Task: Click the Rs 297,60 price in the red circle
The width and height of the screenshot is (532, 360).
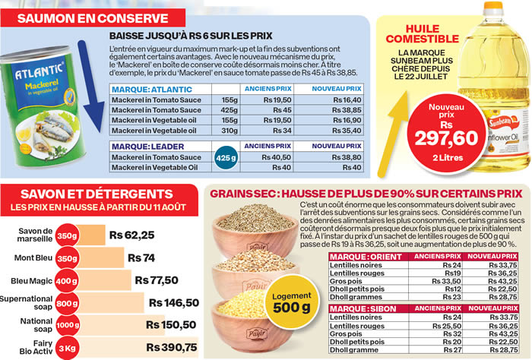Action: [x=447, y=137]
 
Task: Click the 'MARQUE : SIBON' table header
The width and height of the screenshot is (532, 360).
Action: [x=359, y=308]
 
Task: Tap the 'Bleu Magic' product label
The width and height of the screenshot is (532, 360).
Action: [x=33, y=279]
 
